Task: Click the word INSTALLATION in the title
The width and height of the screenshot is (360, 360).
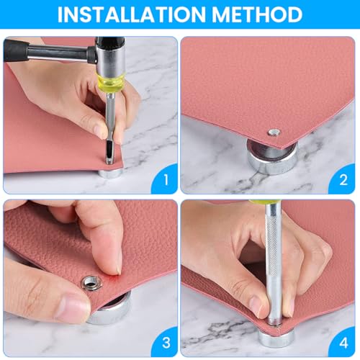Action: tap(131, 14)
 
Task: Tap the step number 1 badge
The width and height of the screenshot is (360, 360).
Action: tap(166, 179)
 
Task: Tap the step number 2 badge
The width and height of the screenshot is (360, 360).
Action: tap(343, 179)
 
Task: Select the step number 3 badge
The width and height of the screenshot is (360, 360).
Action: tap(166, 342)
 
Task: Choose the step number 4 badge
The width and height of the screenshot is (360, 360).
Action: tap(343, 342)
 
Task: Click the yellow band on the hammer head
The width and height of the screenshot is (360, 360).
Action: tap(111, 81)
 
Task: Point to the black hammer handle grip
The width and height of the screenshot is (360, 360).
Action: tap(15, 50)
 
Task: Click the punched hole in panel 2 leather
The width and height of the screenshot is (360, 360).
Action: tap(274, 132)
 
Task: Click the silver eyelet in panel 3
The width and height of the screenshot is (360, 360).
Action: tap(91, 283)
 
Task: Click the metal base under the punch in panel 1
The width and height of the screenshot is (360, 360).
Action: tap(110, 174)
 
